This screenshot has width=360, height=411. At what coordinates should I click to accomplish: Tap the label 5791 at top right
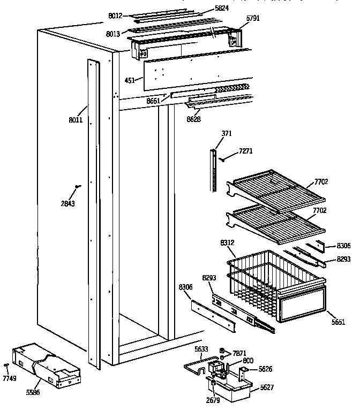[x=253, y=18]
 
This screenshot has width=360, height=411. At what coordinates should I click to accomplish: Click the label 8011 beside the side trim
[x=75, y=121]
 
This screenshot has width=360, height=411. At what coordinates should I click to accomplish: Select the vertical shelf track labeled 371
[x=215, y=170]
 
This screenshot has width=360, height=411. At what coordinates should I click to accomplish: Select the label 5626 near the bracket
[x=265, y=369]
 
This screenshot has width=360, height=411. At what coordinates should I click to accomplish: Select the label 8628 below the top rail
[x=194, y=119]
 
